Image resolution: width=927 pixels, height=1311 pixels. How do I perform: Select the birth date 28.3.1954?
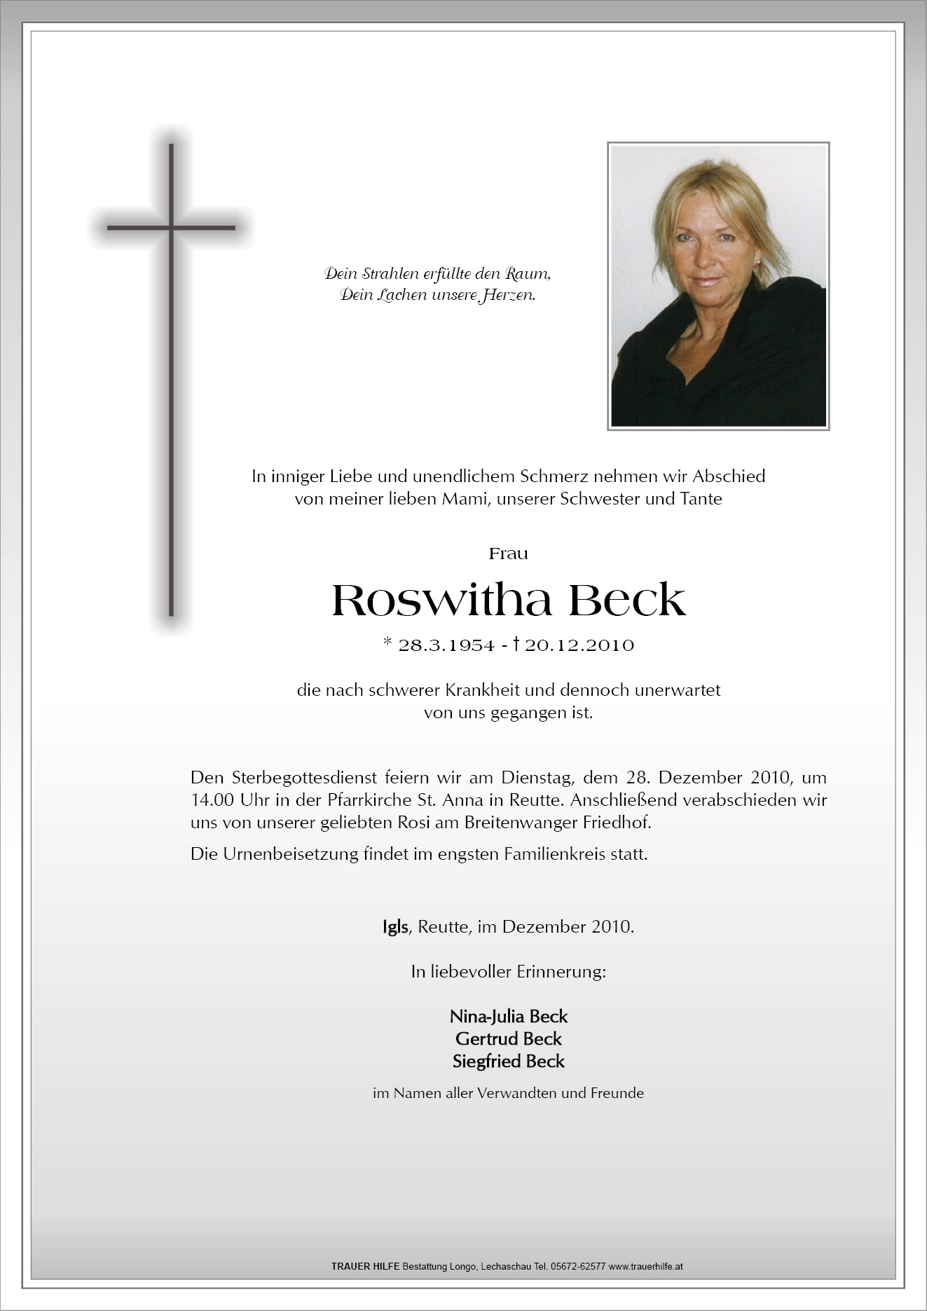(446, 645)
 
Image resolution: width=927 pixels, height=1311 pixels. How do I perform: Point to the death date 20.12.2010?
(579, 645)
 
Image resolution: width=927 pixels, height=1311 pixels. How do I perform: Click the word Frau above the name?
(508, 554)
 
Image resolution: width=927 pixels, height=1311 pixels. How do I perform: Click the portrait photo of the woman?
(718, 286)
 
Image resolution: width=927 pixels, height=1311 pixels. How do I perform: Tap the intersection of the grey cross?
(171, 228)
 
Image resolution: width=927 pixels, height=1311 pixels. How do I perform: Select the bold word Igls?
(395, 926)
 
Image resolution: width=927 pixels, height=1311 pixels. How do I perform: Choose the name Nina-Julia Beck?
(508, 1016)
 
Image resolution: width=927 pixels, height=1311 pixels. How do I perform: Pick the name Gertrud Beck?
(508, 1038)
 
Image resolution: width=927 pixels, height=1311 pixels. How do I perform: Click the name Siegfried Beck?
(508, 1061)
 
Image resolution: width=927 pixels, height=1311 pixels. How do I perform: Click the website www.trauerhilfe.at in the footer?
(645, 1266)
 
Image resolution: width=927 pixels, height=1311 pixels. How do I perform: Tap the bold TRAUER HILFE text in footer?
(365, 1266)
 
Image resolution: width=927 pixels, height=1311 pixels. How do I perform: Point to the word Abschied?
(729, 476)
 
